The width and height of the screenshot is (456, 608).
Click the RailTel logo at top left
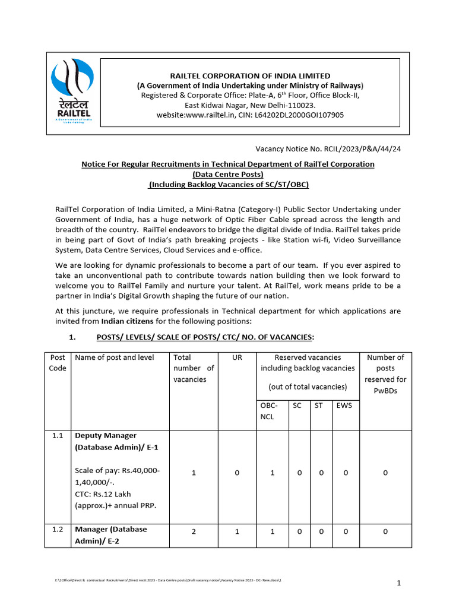(72, 90)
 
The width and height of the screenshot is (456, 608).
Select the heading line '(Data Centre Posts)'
(228, 174)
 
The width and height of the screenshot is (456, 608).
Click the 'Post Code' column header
(58, 363)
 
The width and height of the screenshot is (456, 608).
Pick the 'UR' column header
(237, 357)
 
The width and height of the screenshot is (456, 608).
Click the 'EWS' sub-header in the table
(344, 406)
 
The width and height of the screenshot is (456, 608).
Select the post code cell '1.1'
(58, 436)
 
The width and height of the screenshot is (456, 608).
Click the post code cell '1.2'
(58, 529)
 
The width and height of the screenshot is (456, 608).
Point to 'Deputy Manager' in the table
(106, 436)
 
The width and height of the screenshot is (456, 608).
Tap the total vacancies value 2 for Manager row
(194, 532)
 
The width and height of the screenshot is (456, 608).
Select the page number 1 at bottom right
(400, 584)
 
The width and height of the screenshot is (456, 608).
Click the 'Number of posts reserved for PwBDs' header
(385, 374)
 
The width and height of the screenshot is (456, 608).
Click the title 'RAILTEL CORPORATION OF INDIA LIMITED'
(250, 76)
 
